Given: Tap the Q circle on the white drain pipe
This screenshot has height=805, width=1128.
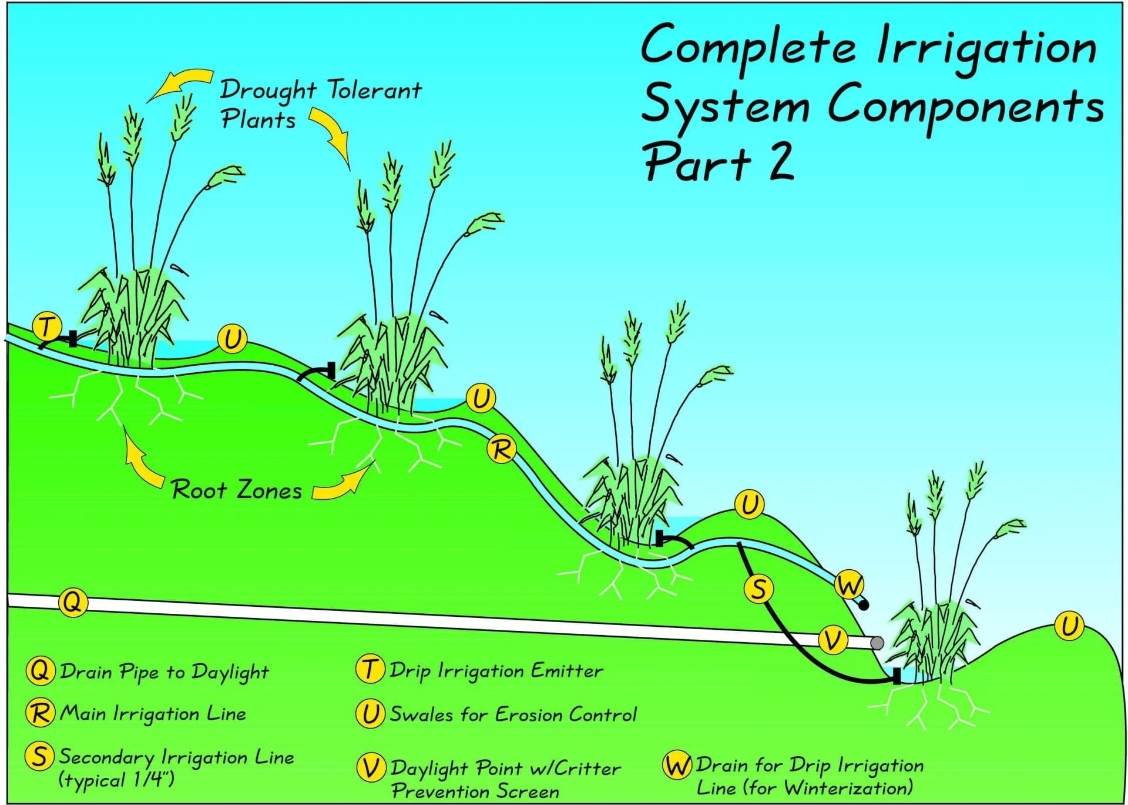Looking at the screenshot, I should tap(73, 602).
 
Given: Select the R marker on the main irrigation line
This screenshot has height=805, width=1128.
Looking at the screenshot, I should tap(502, 450).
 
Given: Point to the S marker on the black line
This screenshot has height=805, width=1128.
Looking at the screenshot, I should tap(758, 589).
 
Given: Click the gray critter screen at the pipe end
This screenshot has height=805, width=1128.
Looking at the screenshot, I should tap(877, 643).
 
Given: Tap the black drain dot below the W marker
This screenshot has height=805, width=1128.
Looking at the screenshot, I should tap(864, 604).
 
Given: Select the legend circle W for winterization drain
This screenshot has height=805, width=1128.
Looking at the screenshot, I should tap(677, 765).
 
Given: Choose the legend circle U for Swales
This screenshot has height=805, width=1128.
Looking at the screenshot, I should tap(370, 714).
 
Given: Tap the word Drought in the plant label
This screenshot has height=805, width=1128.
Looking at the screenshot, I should tap(268, 91).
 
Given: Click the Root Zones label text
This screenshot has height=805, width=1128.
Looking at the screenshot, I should tap(237, 490).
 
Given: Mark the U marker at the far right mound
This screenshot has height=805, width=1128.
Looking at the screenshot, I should tap(1069, 626).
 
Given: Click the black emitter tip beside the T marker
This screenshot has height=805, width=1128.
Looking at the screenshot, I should tap(73, 338).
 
